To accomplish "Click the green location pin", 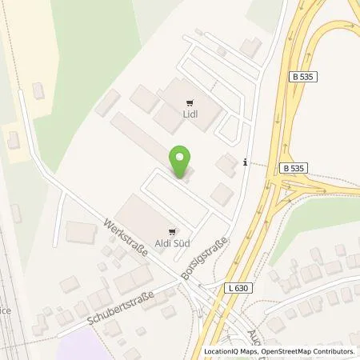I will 182,162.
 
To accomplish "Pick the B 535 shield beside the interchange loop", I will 301,77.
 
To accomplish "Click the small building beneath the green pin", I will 186,177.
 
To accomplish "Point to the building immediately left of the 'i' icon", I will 226,166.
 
